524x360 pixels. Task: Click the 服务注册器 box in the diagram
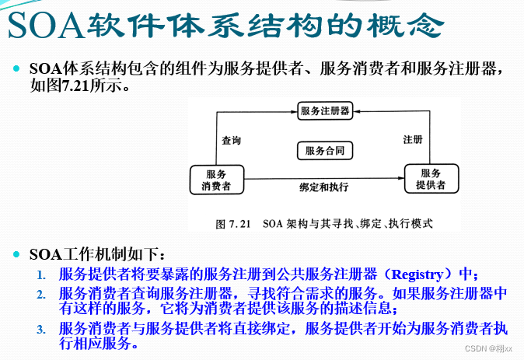(324, 111)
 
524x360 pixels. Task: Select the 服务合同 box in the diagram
(324, 150)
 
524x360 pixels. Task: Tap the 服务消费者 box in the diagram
(217, 180)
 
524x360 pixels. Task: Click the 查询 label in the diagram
(231, 141)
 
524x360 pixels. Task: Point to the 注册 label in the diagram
(413, 140)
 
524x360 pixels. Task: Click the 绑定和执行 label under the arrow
(323, 187)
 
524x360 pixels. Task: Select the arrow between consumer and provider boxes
(323, 177)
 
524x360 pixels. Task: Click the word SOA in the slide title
(45, 26)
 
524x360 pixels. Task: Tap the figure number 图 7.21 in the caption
(232, 224)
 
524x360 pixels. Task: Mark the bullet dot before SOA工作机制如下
(16, 254)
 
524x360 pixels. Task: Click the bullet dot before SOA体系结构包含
(16, 69)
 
